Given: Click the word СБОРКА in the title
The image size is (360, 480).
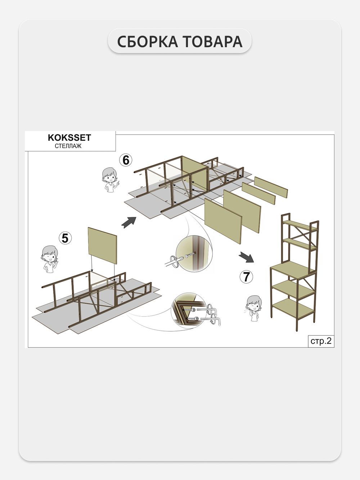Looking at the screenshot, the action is pos(148,41).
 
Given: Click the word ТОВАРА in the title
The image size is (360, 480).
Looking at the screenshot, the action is pos(212,41).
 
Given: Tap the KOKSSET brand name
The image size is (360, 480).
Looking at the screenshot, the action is pos(69,138).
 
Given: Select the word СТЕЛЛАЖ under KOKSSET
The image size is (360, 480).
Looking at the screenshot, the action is pos(68,146).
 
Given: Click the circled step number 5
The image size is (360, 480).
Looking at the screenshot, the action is pos(65,238).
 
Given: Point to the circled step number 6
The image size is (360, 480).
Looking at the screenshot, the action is pos(126,160).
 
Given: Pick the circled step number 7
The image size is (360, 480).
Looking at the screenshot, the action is pos(246,277).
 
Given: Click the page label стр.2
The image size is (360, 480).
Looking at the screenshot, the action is pos(321,341).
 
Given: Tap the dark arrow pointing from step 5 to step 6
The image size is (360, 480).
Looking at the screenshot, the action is pos(129,223).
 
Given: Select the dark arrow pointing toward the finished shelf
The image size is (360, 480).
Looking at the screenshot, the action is pos(247,257).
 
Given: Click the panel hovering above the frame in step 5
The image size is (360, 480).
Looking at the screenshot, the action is pos(103,246).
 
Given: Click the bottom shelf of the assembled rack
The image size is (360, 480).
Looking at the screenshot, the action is pos(293,308).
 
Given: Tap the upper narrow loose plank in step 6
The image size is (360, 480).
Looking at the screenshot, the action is pos(271,187).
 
